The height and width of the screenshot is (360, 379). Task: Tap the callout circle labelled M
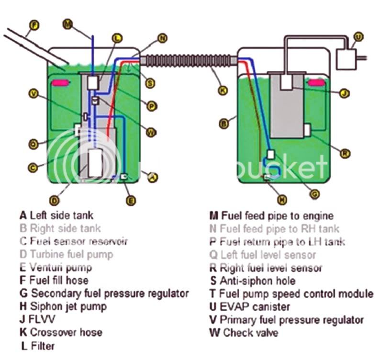pyautogui.click(x=67, y=24)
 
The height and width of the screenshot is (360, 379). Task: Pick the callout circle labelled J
pyautogui.click(x=343, y=93)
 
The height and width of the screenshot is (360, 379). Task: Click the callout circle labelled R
pyautogui.click(x=345, y=153)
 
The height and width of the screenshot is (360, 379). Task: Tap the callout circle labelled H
pyautogui.click(x=282, y=199)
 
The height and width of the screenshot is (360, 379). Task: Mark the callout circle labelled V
pyautogui.click(x=33, y=94)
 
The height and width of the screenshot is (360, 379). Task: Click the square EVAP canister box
pyautogui.click(x=348, y=58)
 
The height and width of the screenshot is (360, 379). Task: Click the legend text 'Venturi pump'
pyautogui.click(x=60, y=267)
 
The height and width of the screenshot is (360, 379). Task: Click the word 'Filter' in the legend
pyautogui.click(x=43, y=345)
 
